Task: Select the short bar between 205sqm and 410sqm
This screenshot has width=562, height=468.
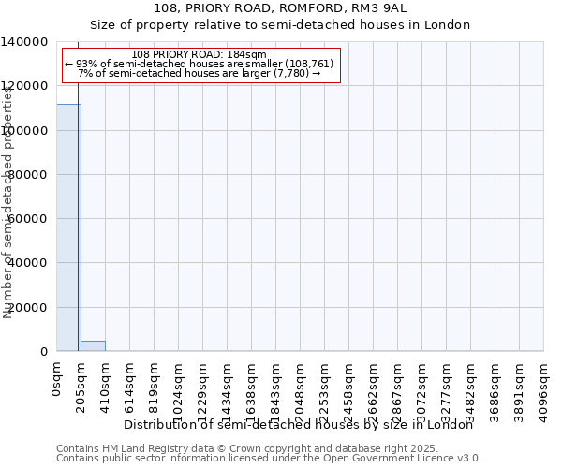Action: coord(93,346)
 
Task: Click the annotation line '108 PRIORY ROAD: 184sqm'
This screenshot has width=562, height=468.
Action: coord(200,55)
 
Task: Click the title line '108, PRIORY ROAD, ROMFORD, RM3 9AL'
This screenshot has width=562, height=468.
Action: coord(280,8)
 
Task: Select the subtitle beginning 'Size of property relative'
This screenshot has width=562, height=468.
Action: coord(280,24)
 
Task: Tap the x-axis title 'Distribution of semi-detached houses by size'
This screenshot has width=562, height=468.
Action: coord(299,424)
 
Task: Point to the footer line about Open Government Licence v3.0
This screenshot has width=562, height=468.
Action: coord(269,459)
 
